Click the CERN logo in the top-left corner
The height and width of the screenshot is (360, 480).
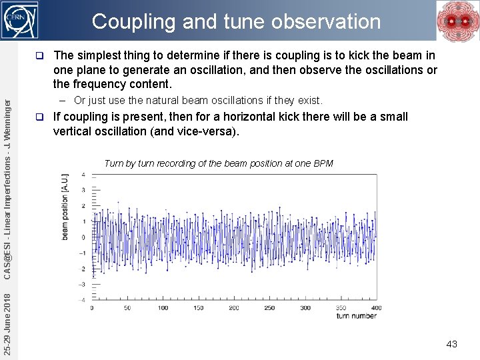pos(21,21)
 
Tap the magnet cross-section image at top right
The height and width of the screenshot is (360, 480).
pos(457,21)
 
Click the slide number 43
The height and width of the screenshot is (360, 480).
pos(451,344)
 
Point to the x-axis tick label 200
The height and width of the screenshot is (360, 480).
pos(234,307)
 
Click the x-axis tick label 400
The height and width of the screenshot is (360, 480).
pos(376,307)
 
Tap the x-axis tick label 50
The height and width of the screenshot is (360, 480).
pos(127,307)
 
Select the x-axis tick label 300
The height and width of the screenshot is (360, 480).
pos(305,307)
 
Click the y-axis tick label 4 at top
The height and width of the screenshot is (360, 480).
pos(83,175)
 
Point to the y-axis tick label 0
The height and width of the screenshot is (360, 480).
pos(83,237)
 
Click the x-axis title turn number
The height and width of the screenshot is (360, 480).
pos(357,315)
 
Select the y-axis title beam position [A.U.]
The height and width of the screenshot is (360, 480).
pos(65,207)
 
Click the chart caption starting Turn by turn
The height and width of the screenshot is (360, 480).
pos(219,163)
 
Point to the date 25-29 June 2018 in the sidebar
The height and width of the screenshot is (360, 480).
pos(7,319)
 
